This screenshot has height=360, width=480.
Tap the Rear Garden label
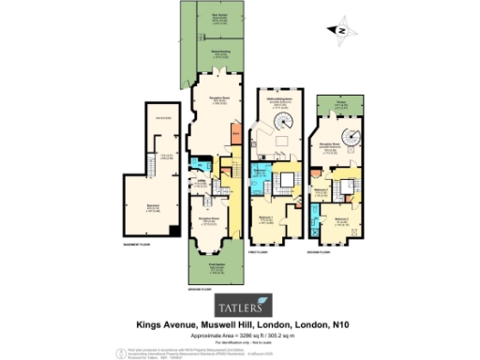pyautogui.click(x=220, y=16)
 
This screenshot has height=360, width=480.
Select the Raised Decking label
pyautogui.click(x=220, y=53)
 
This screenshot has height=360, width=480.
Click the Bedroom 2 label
pyautogui.click(x=339, y=217)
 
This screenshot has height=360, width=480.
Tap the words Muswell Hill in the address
pyautogui.click(x=217, y=323)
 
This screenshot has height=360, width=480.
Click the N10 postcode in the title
pyautogui.click(x=342, y=323)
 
